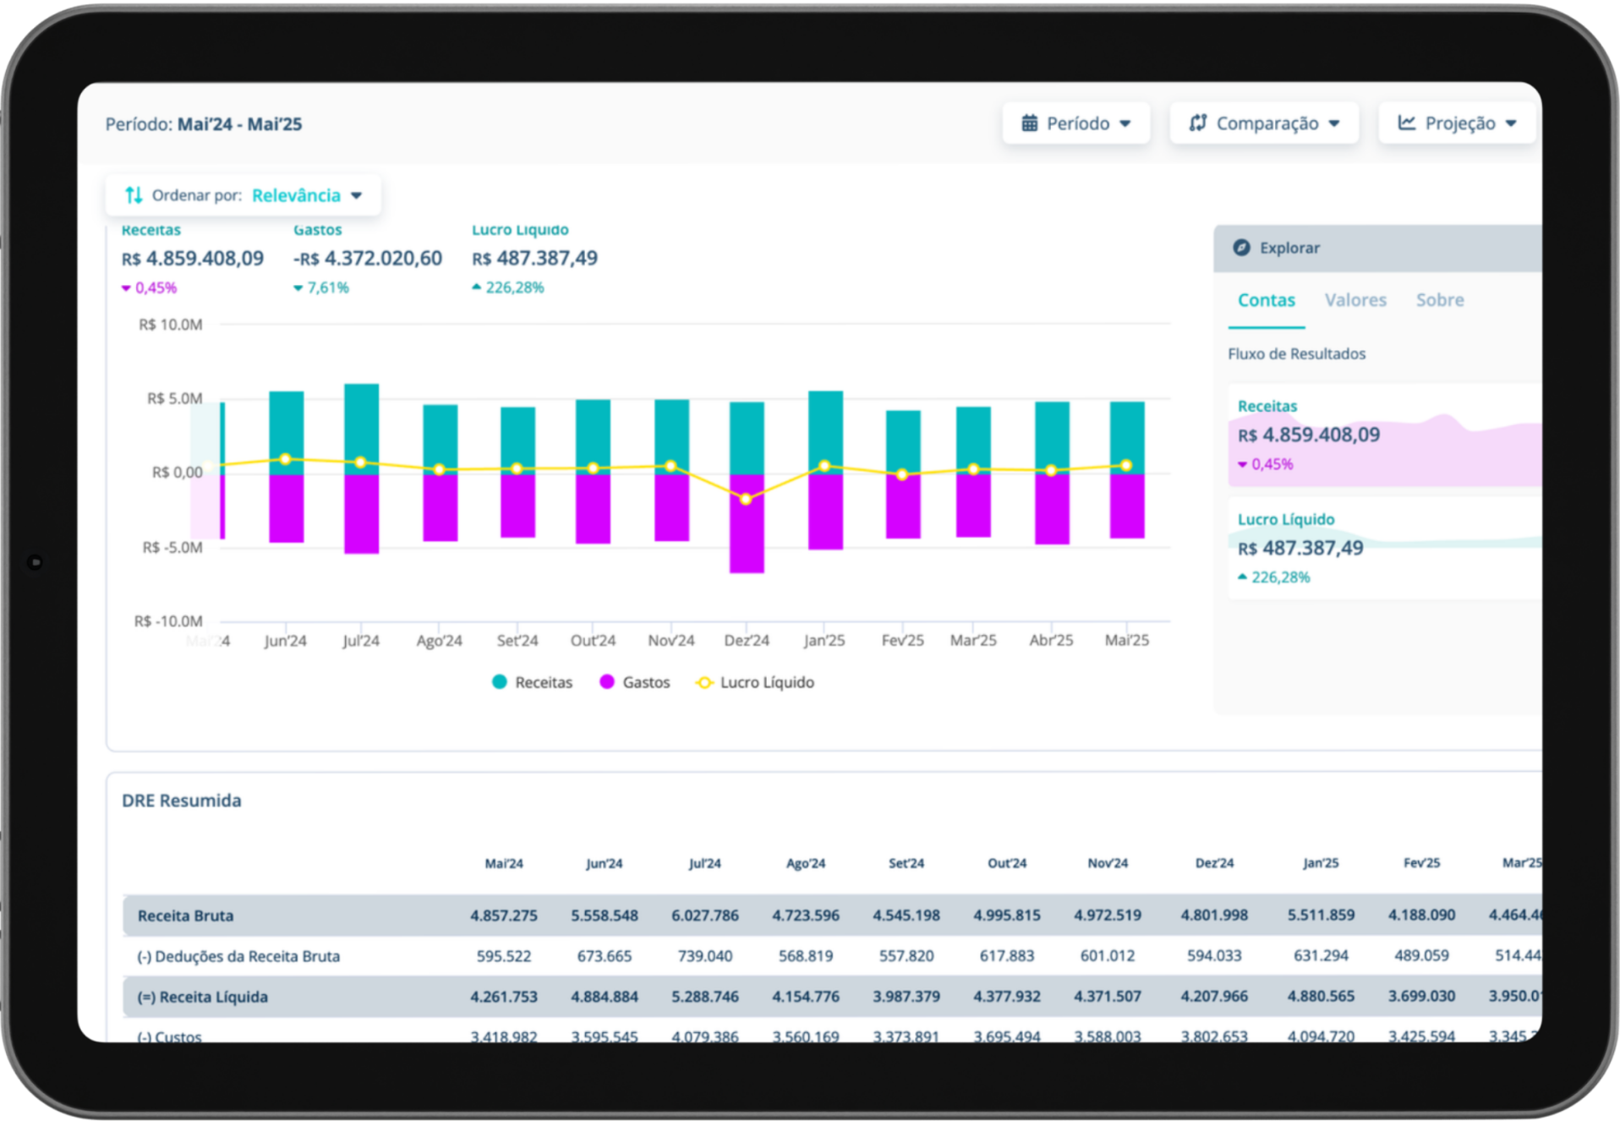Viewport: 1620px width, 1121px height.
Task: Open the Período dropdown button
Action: tap(1075, 123)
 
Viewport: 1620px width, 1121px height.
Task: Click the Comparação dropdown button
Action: tap(1263, 123)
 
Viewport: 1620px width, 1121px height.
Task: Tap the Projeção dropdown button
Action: tap(1456, 123)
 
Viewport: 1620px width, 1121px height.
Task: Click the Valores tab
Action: tap(1355, 300)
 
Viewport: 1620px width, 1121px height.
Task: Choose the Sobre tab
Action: tap(1439, 300)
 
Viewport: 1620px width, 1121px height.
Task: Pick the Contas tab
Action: tap(1266, 300)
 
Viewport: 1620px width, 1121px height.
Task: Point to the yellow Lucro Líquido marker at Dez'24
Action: tap(746, 500)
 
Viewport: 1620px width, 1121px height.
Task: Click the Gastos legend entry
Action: tap(634, 682)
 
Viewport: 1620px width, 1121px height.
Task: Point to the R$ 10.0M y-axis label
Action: tap(170, 325)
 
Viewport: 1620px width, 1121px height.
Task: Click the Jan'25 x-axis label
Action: tap(824, 641)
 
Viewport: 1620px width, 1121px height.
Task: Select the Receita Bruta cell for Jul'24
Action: tap(704, 916)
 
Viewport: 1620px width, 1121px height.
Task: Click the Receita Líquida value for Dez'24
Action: tap(1213, 997)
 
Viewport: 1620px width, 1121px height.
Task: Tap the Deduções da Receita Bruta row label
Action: tap(238, 956)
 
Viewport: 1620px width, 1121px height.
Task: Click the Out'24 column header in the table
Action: tap(1006, 863)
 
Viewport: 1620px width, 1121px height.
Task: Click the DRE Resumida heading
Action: tap(181, 801)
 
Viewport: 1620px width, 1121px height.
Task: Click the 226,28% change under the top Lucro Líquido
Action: tap(513, 287)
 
